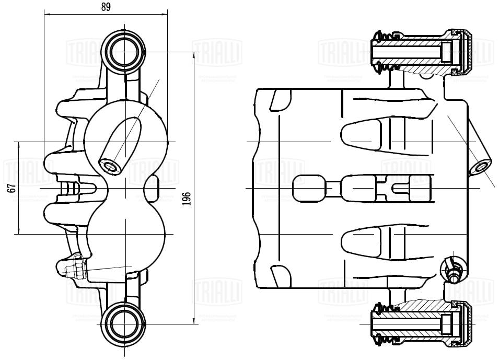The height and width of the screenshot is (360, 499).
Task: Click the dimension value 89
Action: [106, 7]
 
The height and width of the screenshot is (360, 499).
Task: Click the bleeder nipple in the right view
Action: [453, 271]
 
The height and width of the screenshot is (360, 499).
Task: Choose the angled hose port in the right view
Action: [480, 168]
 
